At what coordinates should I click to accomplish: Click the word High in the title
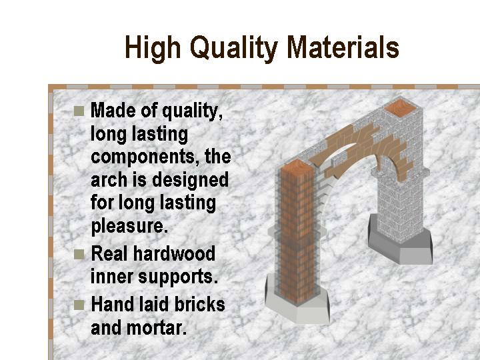point(153,48)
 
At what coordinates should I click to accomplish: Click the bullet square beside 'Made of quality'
point(79,111)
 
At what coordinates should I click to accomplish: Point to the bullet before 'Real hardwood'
point(79,255)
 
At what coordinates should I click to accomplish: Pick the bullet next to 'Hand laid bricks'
point(79,305)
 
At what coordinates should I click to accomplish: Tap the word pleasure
point(129,227)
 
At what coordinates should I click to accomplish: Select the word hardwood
point(174,254)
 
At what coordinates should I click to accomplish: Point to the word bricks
point(199,305)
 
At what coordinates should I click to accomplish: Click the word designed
point(190,181)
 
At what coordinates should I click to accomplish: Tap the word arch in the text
point(109,180)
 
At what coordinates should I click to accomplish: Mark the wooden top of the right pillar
point(400,107)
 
